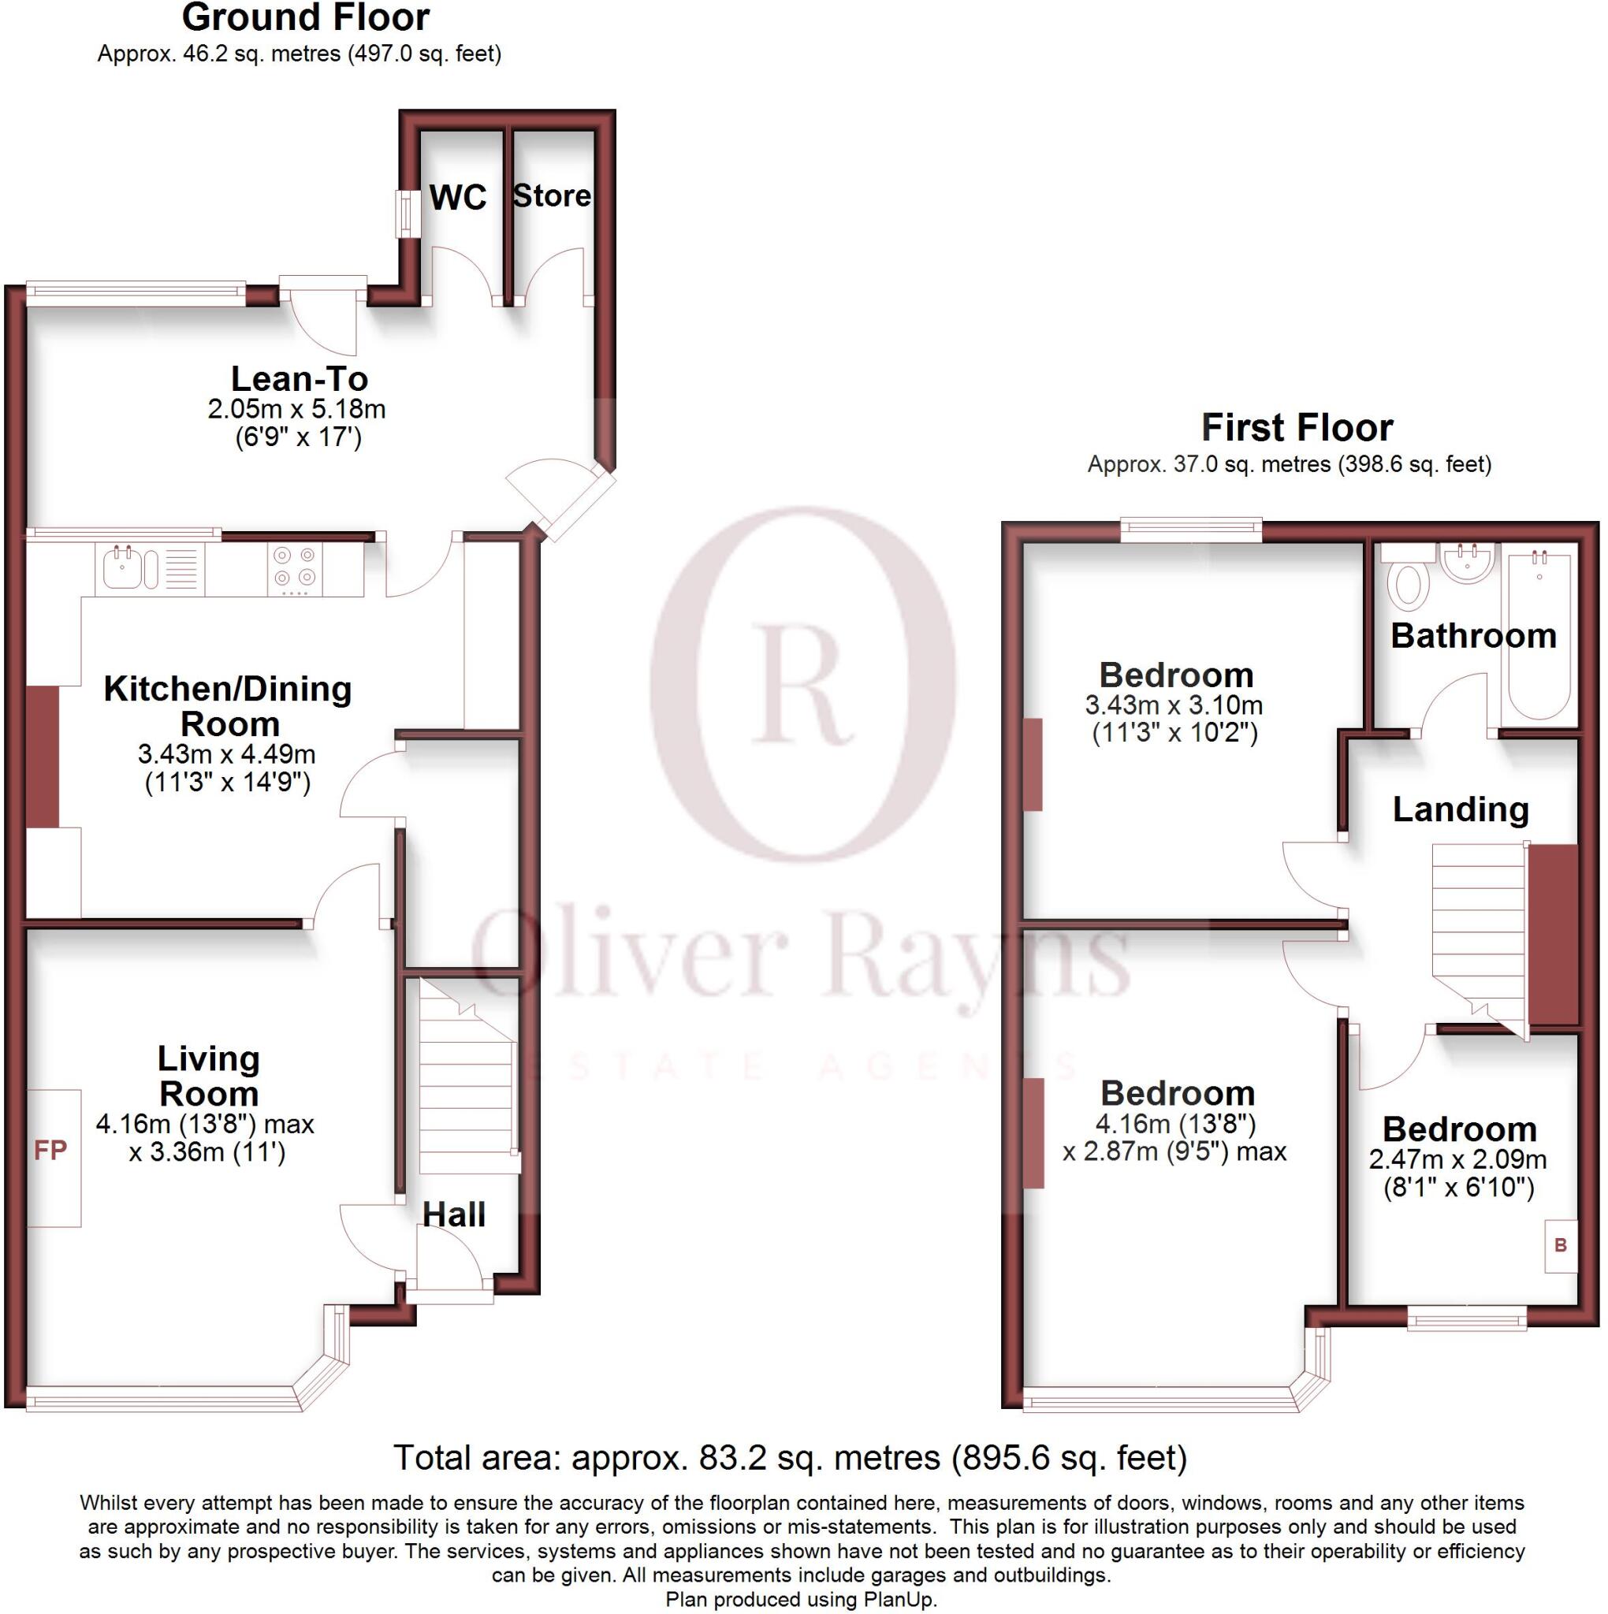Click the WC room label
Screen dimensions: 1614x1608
coord(457,198)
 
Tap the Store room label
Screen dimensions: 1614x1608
coord(552,195)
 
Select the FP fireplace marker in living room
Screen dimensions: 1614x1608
coord(50,1151)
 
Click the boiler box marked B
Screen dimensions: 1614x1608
coord(1560,1246)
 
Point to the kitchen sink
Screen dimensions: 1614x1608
coord(124,569)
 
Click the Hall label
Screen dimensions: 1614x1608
coord(454,1214)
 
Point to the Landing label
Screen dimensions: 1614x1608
coord(1460,809)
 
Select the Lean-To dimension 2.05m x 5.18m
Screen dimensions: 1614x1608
coord(296,409)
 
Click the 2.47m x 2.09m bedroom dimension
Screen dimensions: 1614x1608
coord(1457,1159)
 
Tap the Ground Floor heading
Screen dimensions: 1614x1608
coord(305,17)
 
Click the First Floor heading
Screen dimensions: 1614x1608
coord(1297,428)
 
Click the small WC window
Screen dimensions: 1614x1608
coord(408,214)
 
